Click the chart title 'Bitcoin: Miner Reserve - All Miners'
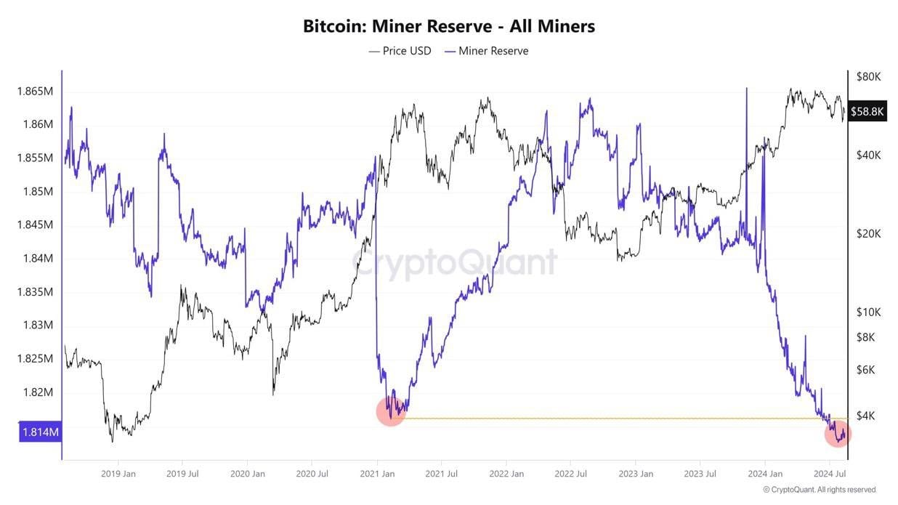pos(448,26)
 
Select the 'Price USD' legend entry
pos(400,51)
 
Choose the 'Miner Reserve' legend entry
pos(487,51)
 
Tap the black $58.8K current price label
pos(867,111)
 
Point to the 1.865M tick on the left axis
pos(34,92)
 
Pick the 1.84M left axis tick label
pos(36,259)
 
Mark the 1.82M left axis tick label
pos(36,392)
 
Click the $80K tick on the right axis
pos(868,76)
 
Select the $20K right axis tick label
pos(868,234)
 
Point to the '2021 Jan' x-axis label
pos(376,474)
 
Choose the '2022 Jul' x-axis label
pos(570,474)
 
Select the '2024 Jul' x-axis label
pos(829,474)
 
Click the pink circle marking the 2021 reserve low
pos(391,411)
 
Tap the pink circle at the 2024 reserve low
pos(838,434)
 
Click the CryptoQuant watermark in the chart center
pos(456,262)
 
